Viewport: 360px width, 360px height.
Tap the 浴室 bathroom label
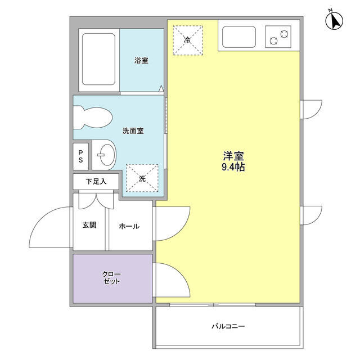pyautogui.click(x=141, y=61)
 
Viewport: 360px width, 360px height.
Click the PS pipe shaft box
pyautogui.click(x=80, y=156)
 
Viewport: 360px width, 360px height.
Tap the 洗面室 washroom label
pyautogui.click(x=133, y=131)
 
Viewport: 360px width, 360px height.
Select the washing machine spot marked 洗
pyautogui.click(x=142, y=178)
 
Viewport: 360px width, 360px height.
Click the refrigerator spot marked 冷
pyautogui.click(x=187, y=40)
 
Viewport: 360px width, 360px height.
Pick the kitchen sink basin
pyautogui.click(x=240, y=38)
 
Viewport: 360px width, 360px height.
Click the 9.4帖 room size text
pyautogui.click(x=233, y=167)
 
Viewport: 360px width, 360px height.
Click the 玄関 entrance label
pyautogui.click(x=89, y=225)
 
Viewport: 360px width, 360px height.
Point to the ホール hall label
pyautogui.click(x=129, y=226)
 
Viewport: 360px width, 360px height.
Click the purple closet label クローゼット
pyautogui.click(x=111, y=278)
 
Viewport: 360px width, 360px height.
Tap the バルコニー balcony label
pyautogui.click(x=228, y=326)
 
